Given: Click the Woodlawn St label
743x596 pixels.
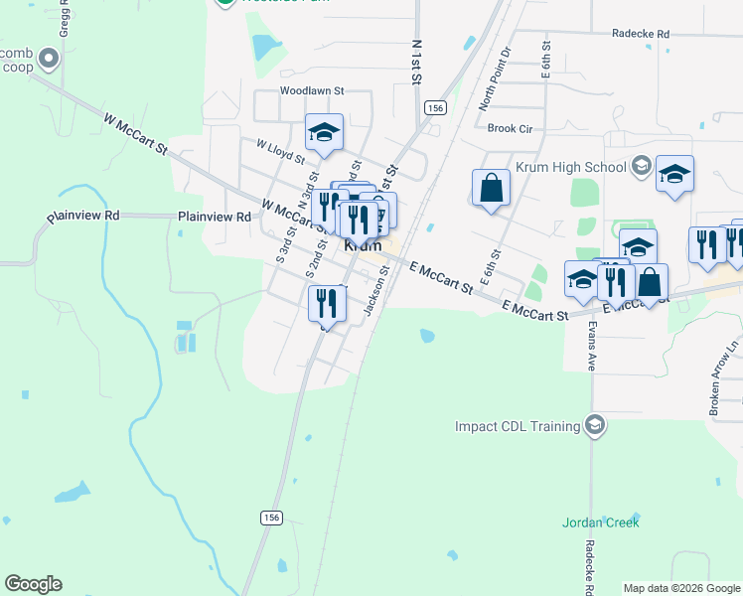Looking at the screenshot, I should click(311, 89).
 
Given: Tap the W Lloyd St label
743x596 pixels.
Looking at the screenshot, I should click(279, 151).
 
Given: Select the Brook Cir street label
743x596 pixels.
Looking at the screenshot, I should click(511, 128).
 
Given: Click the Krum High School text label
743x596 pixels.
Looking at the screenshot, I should click(570, 168).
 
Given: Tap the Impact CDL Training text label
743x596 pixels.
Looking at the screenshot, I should click(517, 426).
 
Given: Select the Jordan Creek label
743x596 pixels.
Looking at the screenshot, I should click(600, 521).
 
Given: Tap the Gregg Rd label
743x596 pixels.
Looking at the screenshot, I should click(65, 18).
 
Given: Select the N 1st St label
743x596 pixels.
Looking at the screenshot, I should click(417, 62).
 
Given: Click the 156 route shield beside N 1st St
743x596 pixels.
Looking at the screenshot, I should click(434, 107).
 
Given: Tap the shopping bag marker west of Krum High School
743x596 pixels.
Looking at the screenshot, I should click(491, 188).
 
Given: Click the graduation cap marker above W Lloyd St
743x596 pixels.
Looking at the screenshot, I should click(323, 133).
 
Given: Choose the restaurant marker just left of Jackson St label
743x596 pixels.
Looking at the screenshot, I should click(326, 303).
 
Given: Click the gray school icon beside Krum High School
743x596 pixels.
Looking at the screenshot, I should click(642, 166).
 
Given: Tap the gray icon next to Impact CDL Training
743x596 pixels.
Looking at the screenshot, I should click(594, 425).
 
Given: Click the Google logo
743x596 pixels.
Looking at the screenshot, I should click(33, 584).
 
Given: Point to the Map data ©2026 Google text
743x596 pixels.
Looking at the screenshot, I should click(680, 588).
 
